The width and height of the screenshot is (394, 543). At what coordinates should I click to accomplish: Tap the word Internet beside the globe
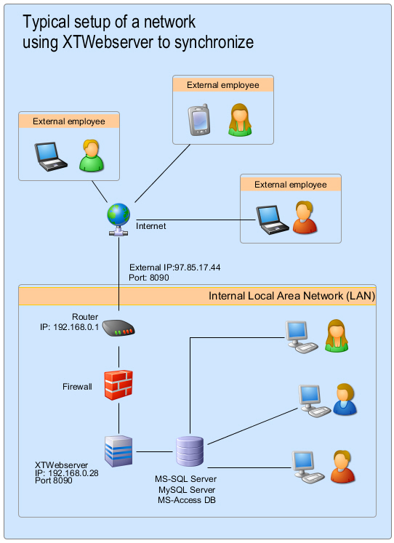coord(151,226)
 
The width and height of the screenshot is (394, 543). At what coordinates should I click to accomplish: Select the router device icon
coord(118,329)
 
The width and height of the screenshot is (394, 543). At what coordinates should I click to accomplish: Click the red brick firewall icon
coord(118,385)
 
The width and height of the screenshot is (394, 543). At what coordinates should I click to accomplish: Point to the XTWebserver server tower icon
coord(118,451)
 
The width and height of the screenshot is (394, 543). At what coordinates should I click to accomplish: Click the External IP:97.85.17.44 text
coord(174,268)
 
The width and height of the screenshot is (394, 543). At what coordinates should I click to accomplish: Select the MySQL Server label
coord(187,490)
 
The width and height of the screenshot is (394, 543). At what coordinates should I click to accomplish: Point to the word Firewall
coord(77,387)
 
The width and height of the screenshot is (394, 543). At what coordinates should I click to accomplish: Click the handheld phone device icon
coord(199,121)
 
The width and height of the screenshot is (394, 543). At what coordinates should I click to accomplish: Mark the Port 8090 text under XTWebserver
coord(54,480)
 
